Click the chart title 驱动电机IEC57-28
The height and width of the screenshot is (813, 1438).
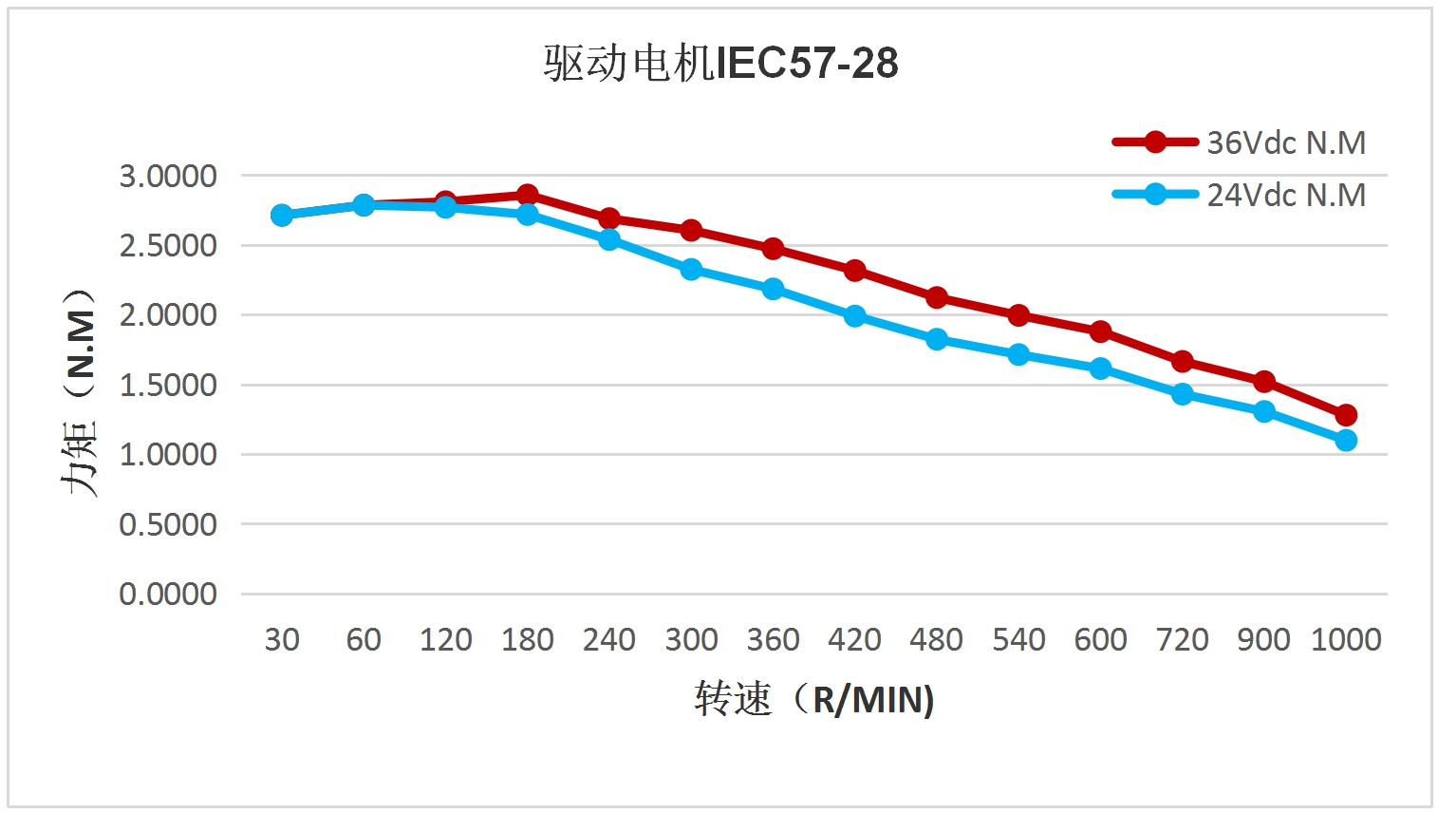coord(720,63)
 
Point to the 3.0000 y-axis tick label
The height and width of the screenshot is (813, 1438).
coord(168,176)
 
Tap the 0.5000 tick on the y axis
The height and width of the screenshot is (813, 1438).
coord(168,524)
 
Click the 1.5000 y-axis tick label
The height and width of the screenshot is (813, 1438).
coord(168,385)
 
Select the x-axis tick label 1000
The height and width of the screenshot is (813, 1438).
coord(1346,639)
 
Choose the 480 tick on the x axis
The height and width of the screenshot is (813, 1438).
coord(936,639)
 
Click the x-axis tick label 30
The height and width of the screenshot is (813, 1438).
coord(282,639)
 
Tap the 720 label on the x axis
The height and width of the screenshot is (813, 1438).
coord(1182,639)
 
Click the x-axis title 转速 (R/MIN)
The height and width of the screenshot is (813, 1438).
coord(814,699)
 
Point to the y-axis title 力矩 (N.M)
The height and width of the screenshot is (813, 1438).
coord(80,391)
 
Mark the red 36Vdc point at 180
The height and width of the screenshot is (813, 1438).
coord(528,195)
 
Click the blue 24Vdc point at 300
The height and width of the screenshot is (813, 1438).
coord(691,270)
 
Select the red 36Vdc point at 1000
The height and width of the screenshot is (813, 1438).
coord(1346,415)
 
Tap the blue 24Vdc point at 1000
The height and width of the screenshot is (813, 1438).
coord(1346,440)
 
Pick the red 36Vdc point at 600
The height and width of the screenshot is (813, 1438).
coord(1100,331)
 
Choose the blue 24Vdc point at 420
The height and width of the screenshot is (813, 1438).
coord(855,315)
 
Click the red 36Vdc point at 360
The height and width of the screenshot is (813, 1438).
coord(773,249)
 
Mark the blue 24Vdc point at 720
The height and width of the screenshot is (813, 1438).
coord(1182,393)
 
